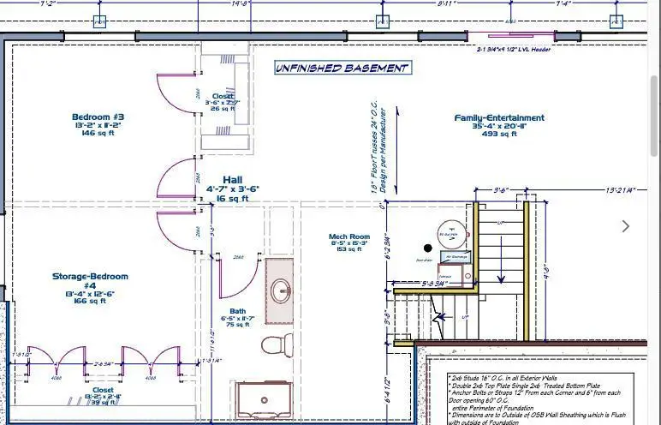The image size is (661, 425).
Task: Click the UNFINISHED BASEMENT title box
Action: click(x=342, y=68)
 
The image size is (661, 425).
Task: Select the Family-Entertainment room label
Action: click(x=499, y=117)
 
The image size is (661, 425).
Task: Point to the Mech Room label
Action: click(x=349, y=236)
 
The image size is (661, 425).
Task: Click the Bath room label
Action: click(x=238, y=311)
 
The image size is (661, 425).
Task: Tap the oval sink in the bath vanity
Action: click(x=280, y=291)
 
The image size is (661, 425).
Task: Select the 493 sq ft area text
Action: click(x=499, y=134)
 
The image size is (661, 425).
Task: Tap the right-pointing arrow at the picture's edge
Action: click(x=626, y=226)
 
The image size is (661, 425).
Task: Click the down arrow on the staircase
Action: click(x=440, y=319)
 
